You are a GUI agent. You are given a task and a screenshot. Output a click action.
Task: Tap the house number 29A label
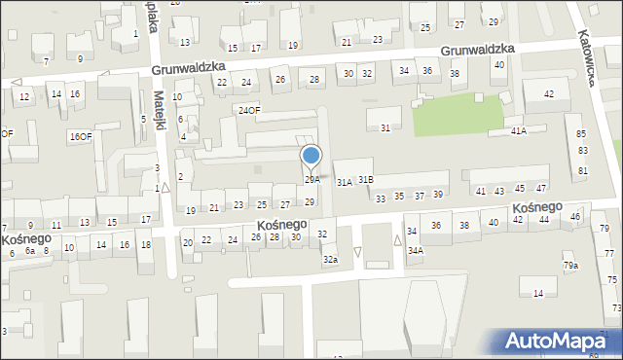[311, 180]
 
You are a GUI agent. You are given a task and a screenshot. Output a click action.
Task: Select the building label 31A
[344, 182]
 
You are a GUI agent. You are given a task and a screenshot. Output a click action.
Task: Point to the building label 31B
[365, 180]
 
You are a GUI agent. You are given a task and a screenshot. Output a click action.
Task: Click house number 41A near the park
[518, 131]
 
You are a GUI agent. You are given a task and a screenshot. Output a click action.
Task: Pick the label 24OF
[250, 110]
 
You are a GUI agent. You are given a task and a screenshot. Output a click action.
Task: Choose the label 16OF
[81, 137]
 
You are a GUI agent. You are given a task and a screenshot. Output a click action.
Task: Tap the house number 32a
[331, 259]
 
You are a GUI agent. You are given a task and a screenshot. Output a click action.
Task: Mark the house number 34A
[416, 251]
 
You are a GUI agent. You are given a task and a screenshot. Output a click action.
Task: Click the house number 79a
[570, 266]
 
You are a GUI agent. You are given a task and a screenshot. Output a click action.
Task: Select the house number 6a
[30, 251]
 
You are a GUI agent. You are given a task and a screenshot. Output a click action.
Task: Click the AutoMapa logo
[561, 341]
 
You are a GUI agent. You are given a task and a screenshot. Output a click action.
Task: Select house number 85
[582, 133]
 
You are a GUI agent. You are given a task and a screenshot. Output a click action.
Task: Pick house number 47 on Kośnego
[541, 188]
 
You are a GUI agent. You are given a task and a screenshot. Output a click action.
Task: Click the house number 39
[439, 196]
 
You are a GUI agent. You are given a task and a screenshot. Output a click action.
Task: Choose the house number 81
[583, 171]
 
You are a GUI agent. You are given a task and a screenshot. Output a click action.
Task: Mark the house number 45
[520, 189]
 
